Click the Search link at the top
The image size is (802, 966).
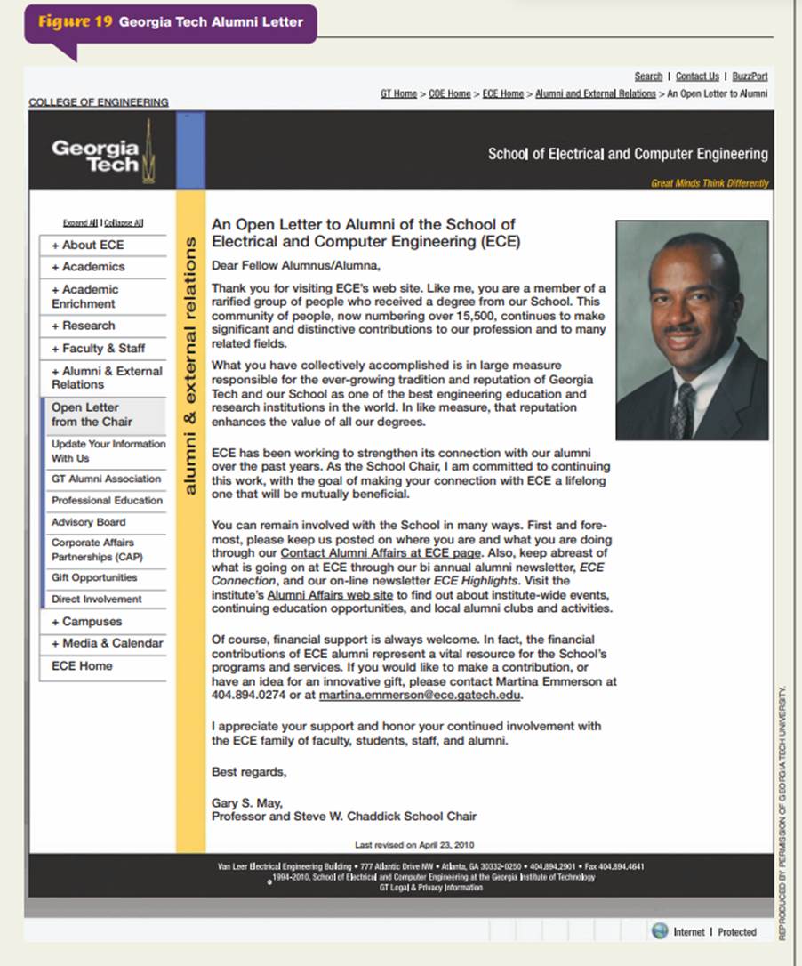coord(648,76)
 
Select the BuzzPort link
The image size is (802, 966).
coord(750,76)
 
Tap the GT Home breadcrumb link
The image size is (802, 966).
coord(398,93)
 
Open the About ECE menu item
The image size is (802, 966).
coord(87,245)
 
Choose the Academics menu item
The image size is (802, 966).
coord(88,267)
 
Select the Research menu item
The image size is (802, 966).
coord(83,326)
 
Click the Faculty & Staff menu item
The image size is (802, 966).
coord(98,348)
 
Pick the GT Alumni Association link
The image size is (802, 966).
coord(106,479)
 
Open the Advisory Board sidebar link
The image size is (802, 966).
coord(88,522)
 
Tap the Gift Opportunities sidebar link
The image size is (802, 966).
coord(94,577)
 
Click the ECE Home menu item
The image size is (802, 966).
coord(82,665)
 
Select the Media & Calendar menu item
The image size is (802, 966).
coord(107,643)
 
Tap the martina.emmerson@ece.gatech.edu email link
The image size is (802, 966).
coord(421,695)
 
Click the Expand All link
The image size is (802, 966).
coord(80,222)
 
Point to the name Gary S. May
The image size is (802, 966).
coord(247,803)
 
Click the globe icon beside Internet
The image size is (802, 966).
coord(659,930)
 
